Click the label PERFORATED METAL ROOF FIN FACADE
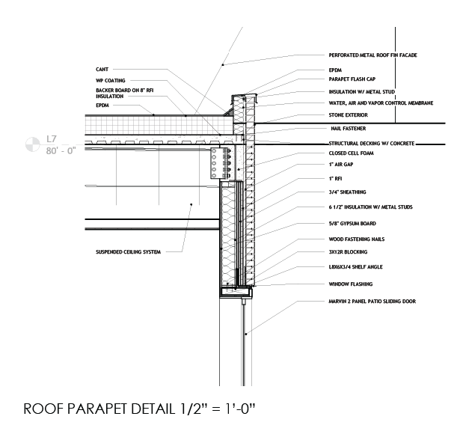coord(372,55)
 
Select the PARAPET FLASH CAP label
coord(352,79)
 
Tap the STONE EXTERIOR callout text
coord(349,114)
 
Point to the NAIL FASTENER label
coord(349,129)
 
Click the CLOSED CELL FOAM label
coord(351,153)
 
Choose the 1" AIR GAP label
coord(341,165)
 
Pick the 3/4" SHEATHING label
coord(347,192)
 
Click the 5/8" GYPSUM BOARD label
coord(352,224)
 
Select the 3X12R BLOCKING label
coord(348,252)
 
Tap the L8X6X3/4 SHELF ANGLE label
coord(355,267)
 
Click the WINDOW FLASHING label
coord(351,284)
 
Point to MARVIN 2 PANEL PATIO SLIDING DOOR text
coord(372,302)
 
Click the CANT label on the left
coord(102,70)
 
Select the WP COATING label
coord(110,80)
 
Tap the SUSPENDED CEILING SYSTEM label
coord(128,252)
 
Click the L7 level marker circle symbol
coord(32,144)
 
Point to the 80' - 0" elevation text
coord(61,150)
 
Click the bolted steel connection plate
coord(215,163)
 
